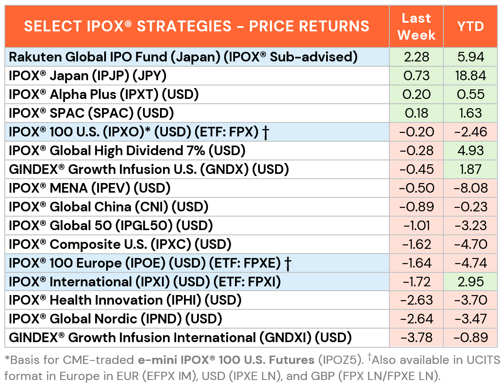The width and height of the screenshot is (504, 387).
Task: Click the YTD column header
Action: (470, 27)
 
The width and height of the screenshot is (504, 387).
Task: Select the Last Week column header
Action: (416, 27)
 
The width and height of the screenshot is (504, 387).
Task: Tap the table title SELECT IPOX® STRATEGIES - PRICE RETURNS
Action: (197, 27)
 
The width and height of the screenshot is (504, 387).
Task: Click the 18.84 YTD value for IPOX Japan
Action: (470, 76)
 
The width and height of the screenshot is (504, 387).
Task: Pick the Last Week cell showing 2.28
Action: (416, 57)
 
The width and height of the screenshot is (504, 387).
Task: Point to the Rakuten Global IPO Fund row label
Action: (183, 57)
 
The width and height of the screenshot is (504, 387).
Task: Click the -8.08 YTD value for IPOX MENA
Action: (470, 188)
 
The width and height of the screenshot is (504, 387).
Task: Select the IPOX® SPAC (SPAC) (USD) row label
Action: (92, 113)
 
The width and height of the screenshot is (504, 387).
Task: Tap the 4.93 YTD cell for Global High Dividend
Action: (470, 151)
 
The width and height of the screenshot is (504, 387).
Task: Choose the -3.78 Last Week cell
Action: (416, 337)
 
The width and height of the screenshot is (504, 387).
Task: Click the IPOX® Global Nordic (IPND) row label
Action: (116, 319)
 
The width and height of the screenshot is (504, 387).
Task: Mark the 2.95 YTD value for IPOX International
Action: (470, 282)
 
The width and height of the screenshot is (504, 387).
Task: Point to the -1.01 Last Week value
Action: (416, 225)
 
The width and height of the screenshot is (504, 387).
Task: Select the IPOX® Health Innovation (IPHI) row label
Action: (125, 300)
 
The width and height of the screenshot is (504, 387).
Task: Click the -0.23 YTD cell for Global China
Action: (470, 207)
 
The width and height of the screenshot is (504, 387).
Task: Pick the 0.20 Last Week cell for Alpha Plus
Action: (416, 95)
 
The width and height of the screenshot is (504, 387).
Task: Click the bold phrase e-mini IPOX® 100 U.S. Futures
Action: (227, 360)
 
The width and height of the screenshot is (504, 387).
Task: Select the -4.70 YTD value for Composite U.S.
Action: (470, 244)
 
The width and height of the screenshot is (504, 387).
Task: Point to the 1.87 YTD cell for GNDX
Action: (470, 170)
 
